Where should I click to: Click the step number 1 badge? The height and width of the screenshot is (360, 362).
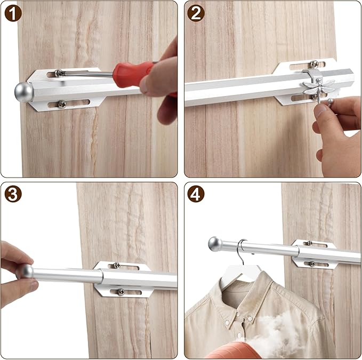13,13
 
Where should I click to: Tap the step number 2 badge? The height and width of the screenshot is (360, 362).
196,13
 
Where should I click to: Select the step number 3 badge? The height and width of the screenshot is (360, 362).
13,194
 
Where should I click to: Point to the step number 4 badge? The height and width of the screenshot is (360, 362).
196,194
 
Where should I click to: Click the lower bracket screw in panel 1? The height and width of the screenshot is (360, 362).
62,105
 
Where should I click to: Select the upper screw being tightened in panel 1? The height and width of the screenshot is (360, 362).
59,73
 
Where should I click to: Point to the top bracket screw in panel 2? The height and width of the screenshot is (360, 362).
314,64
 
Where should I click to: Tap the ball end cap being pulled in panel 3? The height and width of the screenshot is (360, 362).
26,271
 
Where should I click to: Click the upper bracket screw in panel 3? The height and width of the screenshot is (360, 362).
117,265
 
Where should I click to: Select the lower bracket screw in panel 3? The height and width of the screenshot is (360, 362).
120,292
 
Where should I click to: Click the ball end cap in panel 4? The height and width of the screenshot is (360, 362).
215,244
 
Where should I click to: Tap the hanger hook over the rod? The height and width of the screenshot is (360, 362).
241,251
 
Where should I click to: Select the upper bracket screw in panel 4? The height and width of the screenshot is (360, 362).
310,243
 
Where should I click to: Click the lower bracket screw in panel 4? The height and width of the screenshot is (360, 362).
312,264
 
